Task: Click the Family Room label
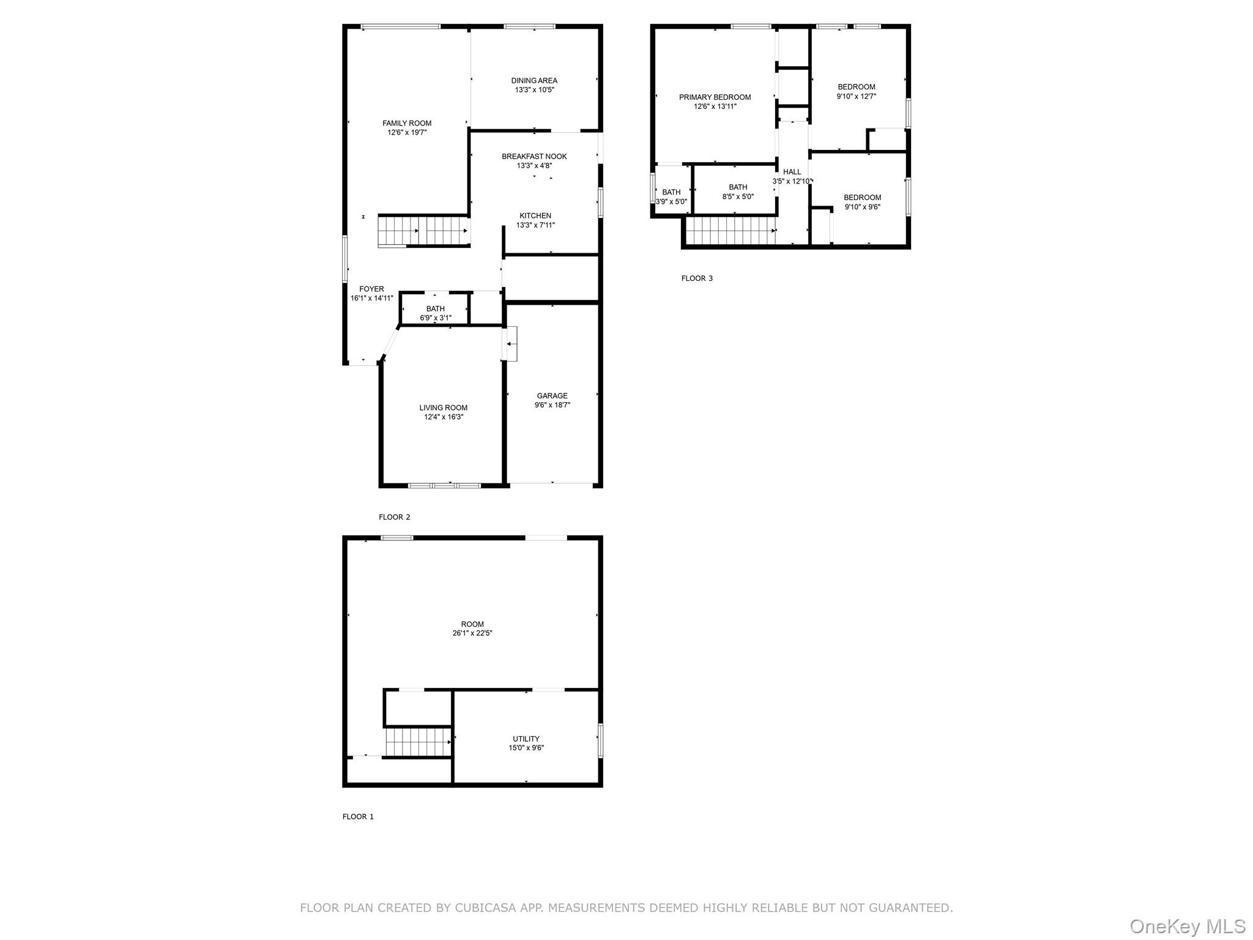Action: pos(407,123)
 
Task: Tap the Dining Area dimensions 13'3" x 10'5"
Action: pos(534,90)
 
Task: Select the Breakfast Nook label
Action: pos(534,157)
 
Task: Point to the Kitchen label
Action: pos(535,215)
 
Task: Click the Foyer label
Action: pos(371,289)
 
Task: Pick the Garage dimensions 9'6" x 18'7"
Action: pos(552,405)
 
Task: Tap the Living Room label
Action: pos(443,408)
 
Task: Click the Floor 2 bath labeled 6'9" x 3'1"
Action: pos(435,313)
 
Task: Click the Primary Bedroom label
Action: pos(715,97)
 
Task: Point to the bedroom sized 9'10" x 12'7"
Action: pos(856,91)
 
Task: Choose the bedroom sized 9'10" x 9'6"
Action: pos(862,202)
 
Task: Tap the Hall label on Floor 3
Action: pos(792,172)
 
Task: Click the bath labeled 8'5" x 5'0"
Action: pos(738,192)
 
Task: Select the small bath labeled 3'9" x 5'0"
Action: pos(671,196)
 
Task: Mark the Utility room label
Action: pos(526,739)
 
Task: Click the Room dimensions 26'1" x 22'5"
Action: pos(472,633)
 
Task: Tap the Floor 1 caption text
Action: pos(358,816)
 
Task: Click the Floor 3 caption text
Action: pos(697,278)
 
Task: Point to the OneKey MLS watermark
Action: pos(1187,926)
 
